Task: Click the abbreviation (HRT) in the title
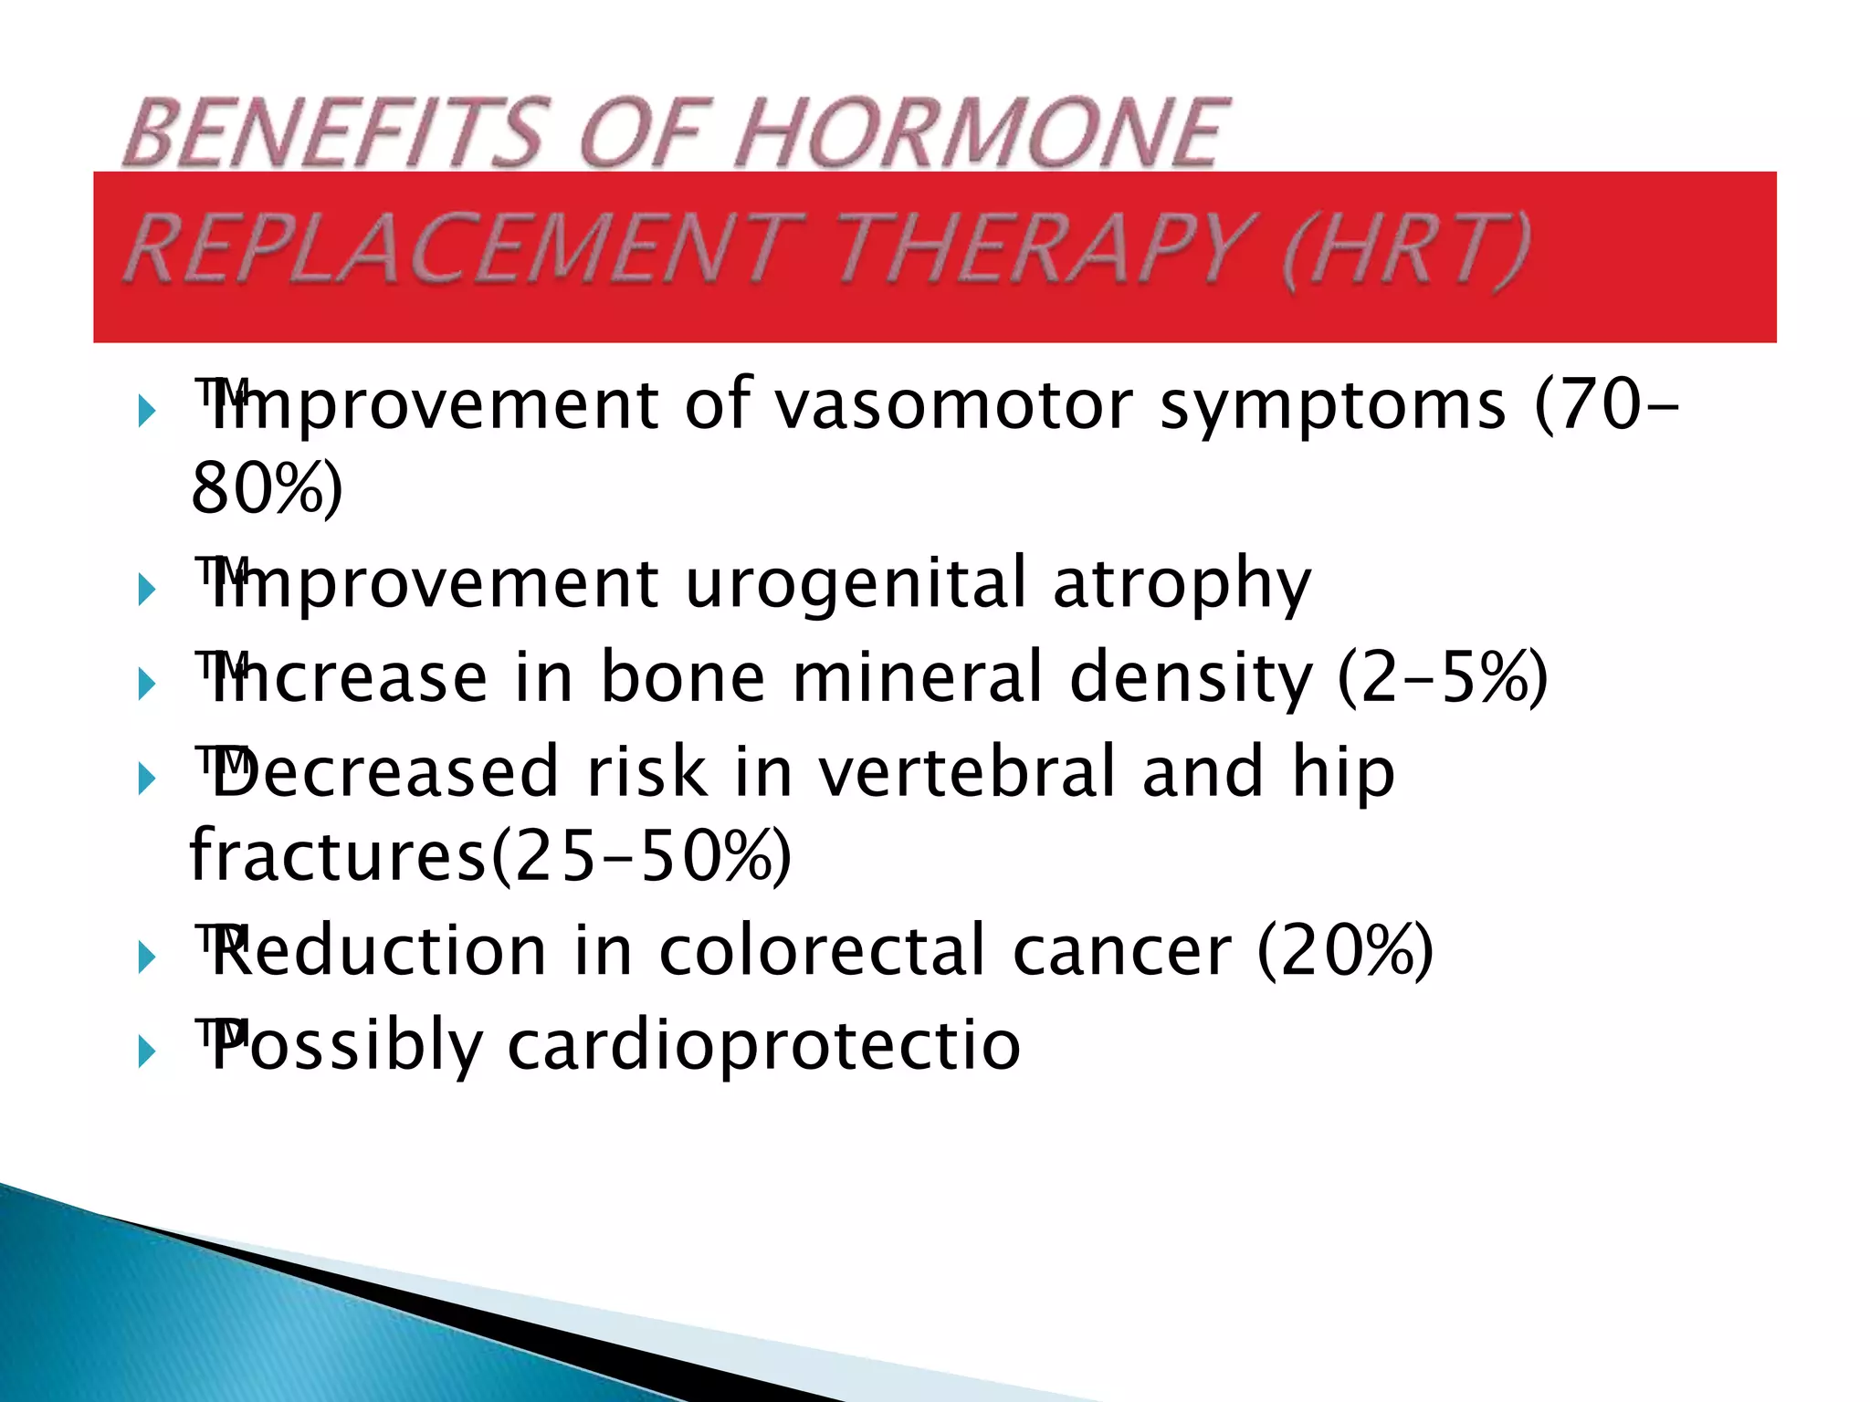1405,248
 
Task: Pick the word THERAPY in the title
1041,248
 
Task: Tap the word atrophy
1182,584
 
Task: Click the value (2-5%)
1443,677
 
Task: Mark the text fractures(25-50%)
490,856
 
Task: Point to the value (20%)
1345,951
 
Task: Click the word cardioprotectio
763,1046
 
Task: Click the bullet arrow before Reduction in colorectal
147,958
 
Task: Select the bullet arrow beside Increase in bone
147,684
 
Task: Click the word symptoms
1332,406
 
